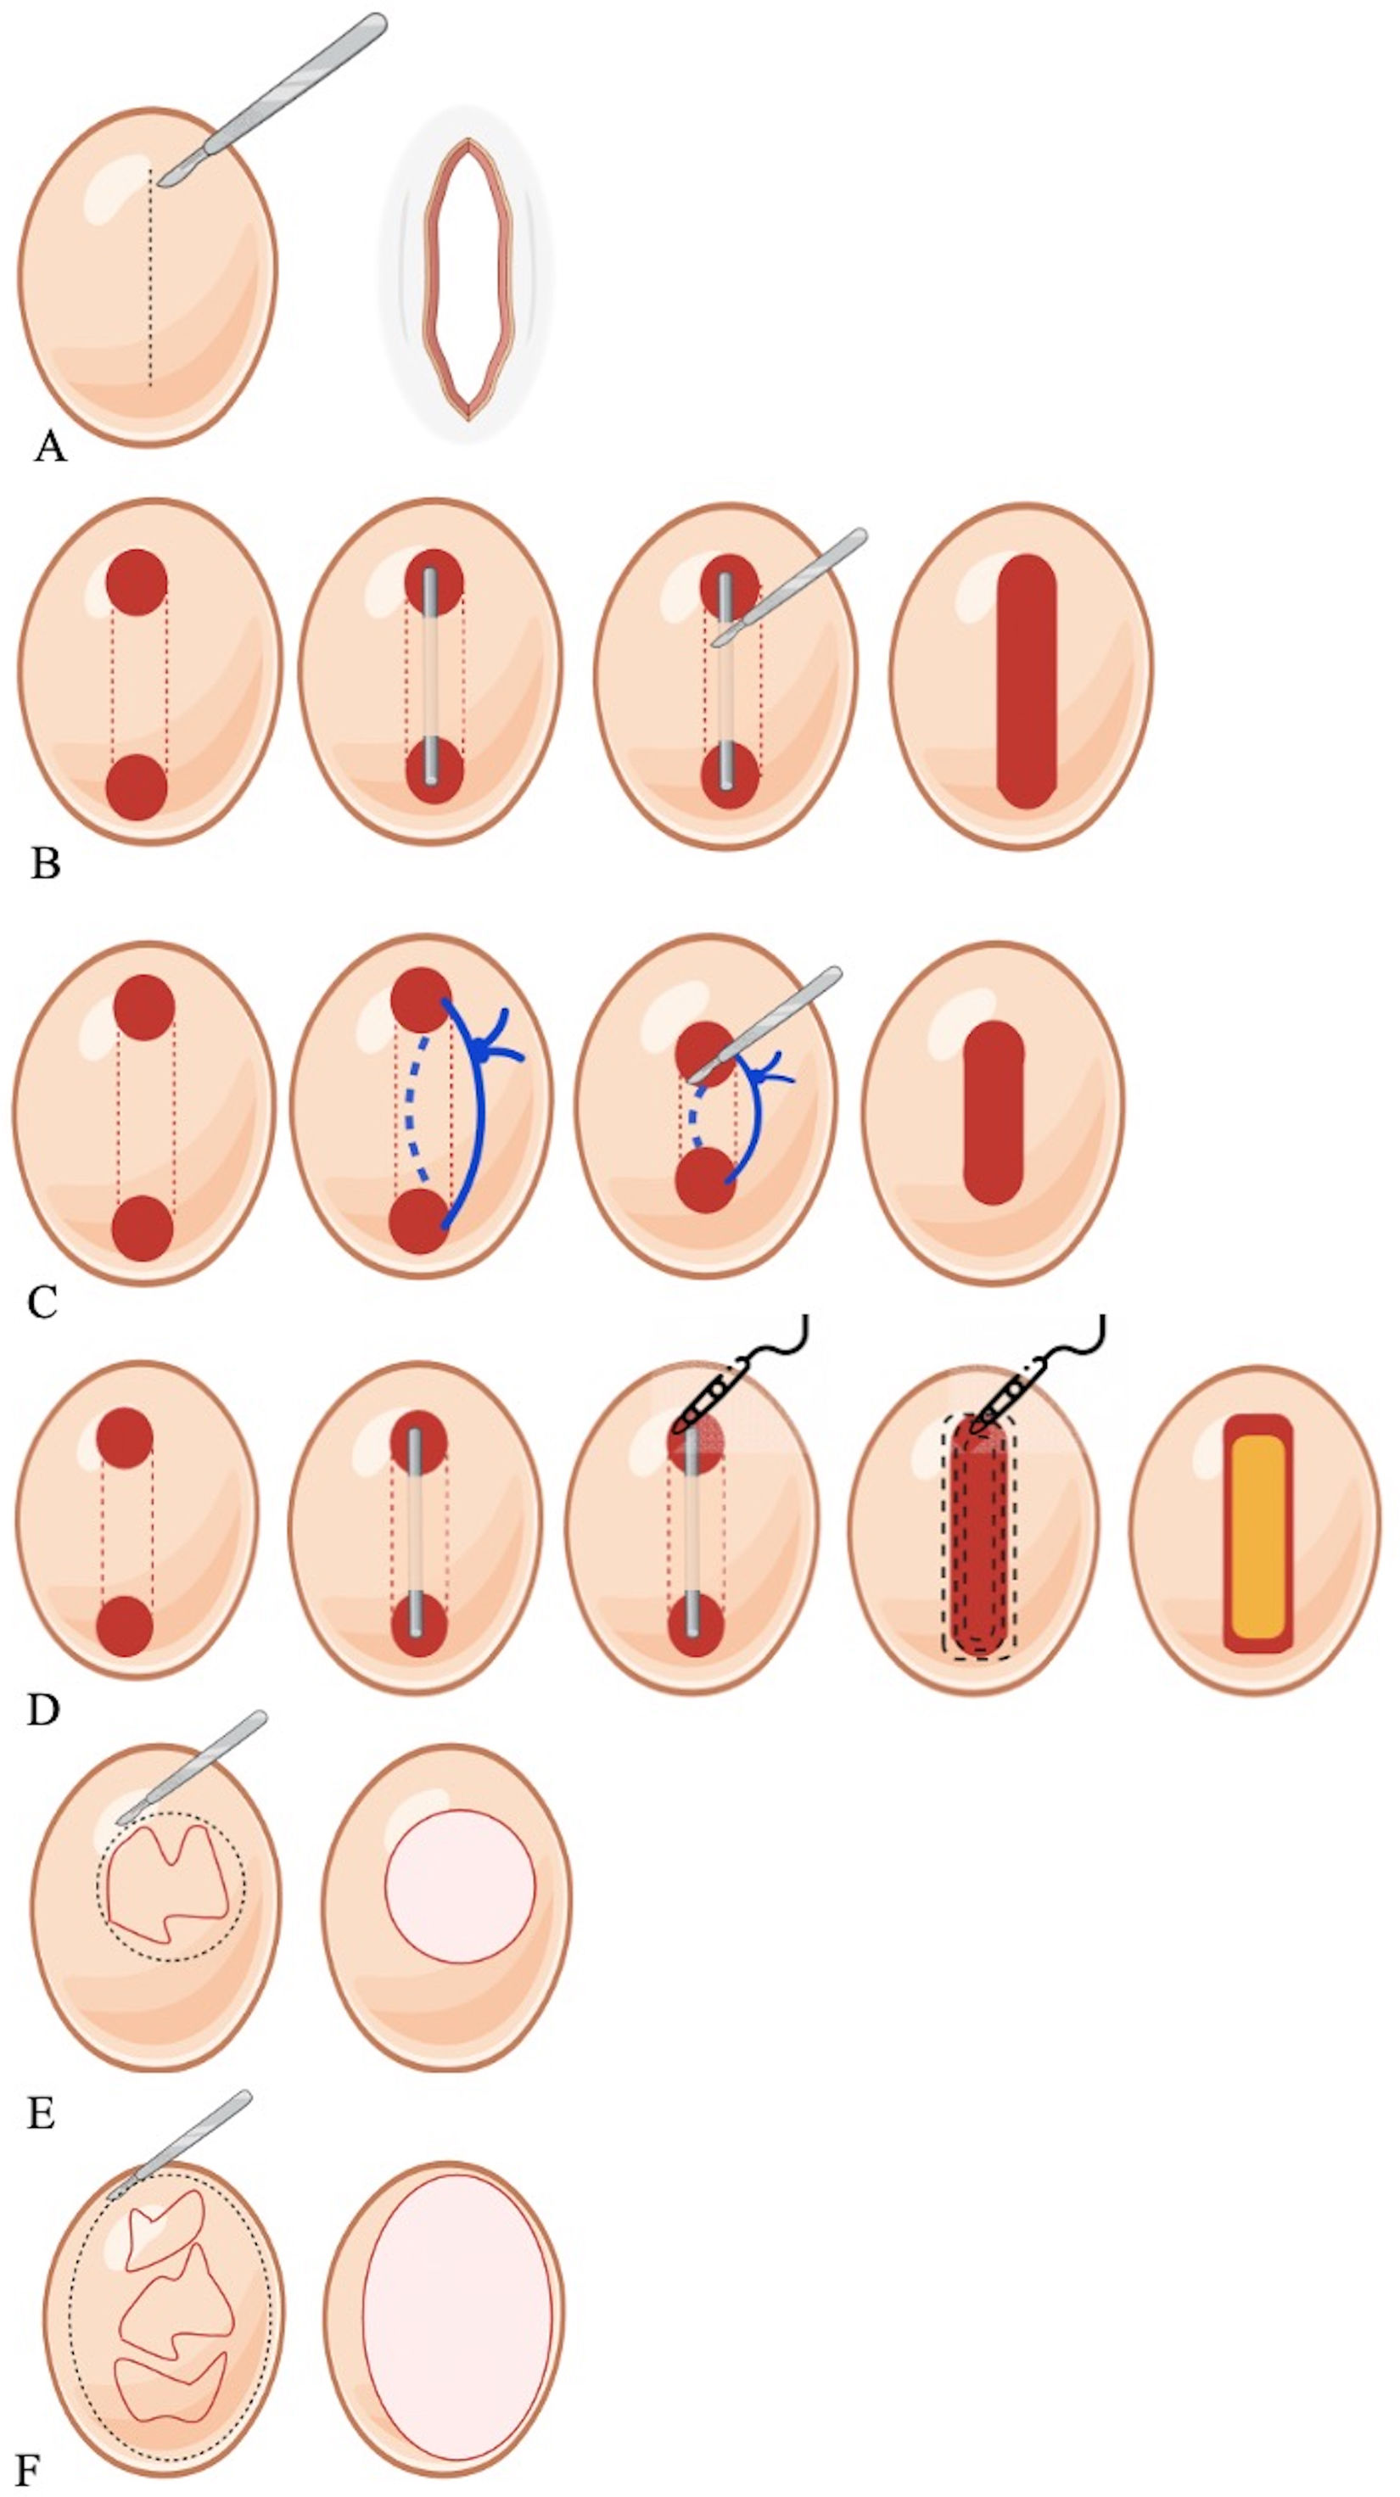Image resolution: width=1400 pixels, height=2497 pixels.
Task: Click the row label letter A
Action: pos(49,448)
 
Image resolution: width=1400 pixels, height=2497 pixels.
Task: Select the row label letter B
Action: pos(45,863)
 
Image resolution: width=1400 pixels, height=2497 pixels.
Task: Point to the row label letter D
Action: pos(42,1710)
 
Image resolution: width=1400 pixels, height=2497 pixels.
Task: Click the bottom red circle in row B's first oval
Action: pos(137,787)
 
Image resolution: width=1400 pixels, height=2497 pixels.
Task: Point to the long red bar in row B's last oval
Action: pos(1027,680)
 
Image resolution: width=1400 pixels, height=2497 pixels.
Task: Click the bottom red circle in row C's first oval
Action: pos(143,1229)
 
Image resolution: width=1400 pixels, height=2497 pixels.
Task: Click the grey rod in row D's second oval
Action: pos(416,1531)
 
